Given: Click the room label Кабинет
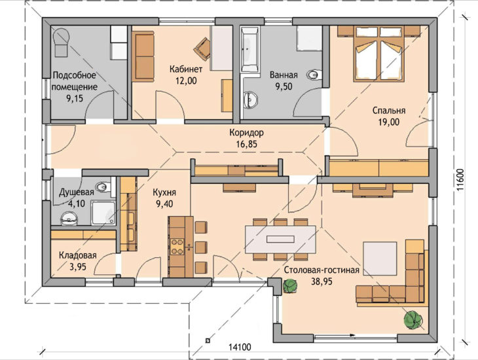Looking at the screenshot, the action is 186,69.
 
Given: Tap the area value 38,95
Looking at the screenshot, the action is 322,281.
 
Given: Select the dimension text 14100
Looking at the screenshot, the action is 240,347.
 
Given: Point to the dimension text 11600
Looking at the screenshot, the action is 460,180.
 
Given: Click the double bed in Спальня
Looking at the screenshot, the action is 378,54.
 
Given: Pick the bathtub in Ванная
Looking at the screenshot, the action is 249,49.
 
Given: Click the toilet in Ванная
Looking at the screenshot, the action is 314,75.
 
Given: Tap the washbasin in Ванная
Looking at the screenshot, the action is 251,99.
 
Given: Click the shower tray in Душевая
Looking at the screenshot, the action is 103,213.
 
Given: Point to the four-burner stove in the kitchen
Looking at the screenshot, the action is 177,247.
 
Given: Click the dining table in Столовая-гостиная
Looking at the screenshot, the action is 280,240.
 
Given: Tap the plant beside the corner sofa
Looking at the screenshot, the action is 413,320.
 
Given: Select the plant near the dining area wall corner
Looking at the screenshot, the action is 290,286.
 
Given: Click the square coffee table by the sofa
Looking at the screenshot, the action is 380,259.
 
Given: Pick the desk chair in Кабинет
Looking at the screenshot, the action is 202,48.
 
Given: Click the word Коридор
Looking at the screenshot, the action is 247,133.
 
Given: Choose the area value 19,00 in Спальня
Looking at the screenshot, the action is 389,122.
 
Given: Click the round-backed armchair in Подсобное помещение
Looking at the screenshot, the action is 62,43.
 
